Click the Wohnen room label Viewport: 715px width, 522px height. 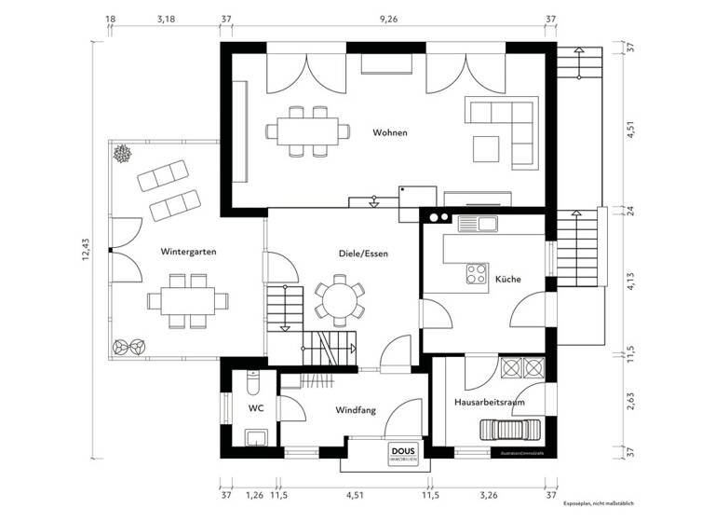[x=390, y=132]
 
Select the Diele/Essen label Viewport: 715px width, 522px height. [x=363, y=253]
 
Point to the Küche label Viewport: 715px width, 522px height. [x=507, y=279]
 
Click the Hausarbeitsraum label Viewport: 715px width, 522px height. [x=490, y=402]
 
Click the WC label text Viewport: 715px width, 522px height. [x=255, y=408]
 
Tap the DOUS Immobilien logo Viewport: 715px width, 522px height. [x=404, y=452]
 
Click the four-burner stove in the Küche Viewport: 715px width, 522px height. [x=477, y=273]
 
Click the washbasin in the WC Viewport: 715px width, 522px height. [x=255, y=438]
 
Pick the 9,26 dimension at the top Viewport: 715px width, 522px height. [x=388, y=19]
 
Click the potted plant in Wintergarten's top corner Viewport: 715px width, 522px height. [x=121, y=153]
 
